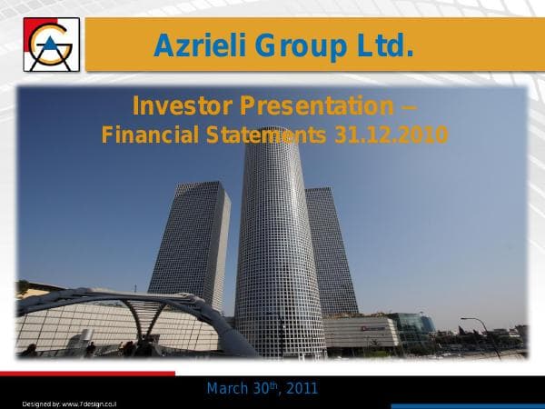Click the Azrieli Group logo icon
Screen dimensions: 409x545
52,44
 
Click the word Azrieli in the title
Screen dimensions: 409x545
200,45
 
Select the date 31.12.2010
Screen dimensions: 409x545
391,135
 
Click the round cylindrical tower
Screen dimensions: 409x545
279,245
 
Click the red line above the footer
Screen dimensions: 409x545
87,373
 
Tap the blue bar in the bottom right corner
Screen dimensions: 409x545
467,405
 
